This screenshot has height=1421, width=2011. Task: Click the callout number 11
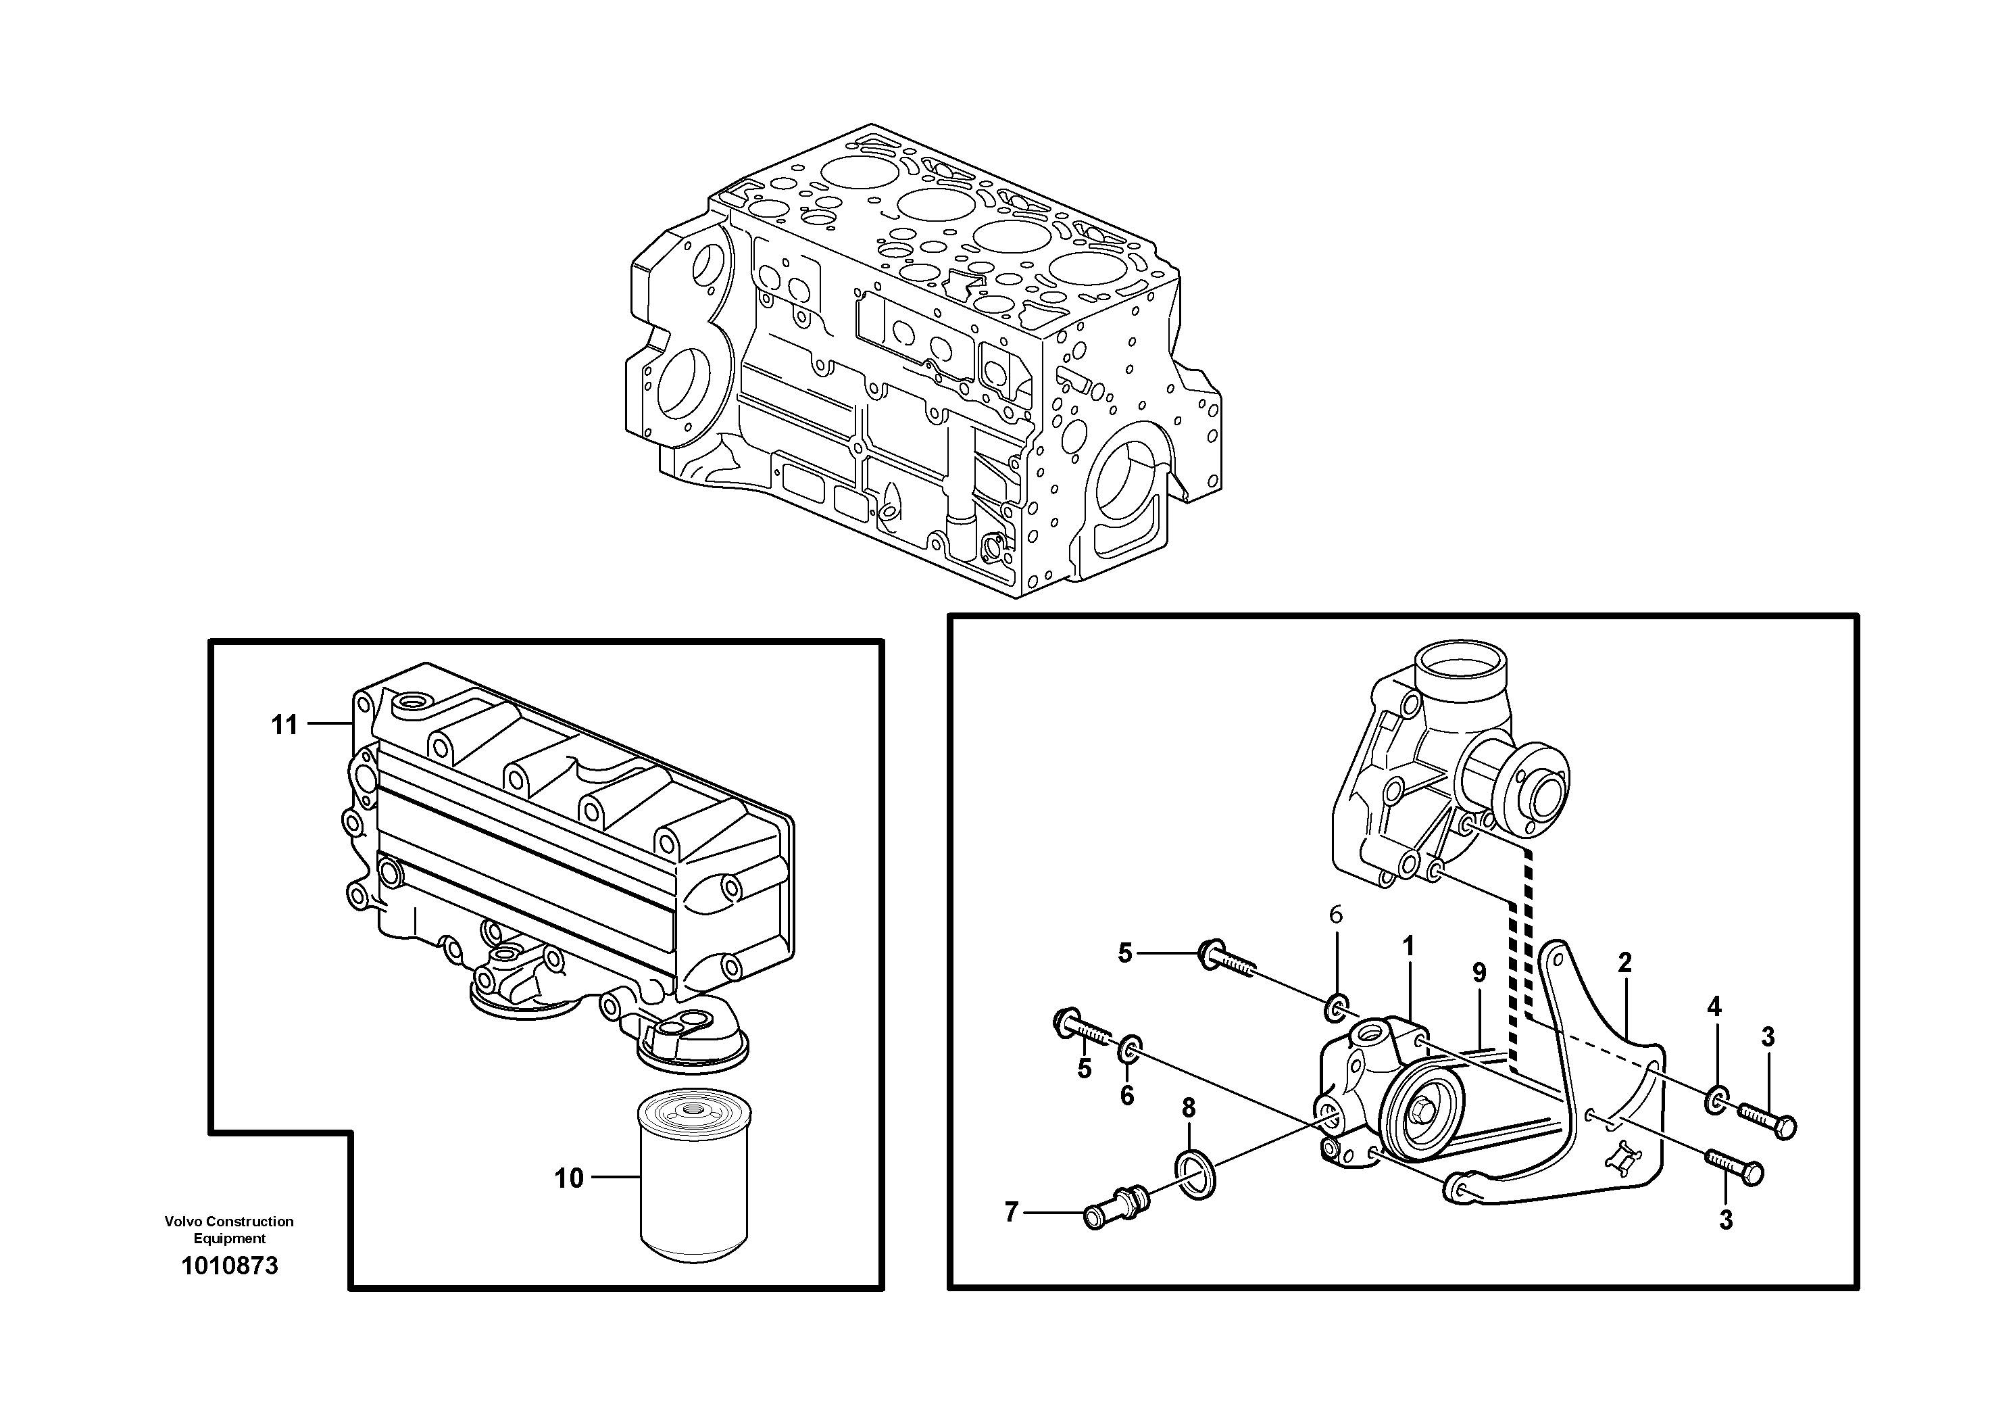point(284,725)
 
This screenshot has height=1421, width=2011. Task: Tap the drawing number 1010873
point(230,1265)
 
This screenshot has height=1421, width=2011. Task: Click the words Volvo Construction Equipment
point(230,1229)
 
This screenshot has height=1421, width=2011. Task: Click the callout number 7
point(1012,1213)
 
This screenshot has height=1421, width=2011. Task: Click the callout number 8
point(1189,1108)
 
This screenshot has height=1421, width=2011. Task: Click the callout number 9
point(1479,972)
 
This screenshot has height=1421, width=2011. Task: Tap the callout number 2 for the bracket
point(1624,963)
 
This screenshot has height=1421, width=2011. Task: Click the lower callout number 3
point(1725,1220)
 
